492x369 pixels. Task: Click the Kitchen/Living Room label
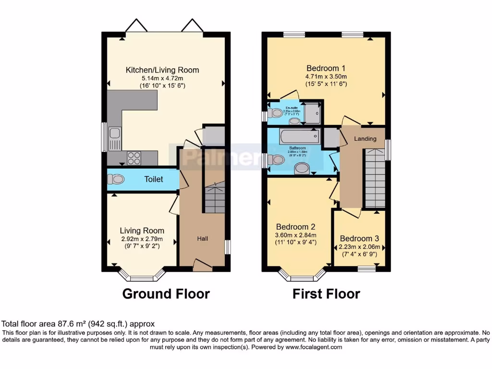point(162,70)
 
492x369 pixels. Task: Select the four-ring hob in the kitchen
point(134,157)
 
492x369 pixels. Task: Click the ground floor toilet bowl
point(116,179)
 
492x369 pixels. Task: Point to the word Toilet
point(154,179)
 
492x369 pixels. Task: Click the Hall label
point(202,238)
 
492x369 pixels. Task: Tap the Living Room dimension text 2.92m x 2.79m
point(142,239)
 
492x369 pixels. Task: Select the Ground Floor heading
point(166,294)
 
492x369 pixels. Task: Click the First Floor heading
point(326,294)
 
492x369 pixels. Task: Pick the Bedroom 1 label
point(326,68)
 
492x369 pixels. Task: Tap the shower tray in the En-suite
point(313,114)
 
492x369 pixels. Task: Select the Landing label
point(366,139)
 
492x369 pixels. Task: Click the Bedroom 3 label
point(359,239)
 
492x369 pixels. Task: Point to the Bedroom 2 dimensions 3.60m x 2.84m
point(295,235)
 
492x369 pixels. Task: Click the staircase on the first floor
point(375,178)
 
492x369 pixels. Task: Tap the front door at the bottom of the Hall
point(201,262)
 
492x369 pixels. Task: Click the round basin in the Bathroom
point(301,168)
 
